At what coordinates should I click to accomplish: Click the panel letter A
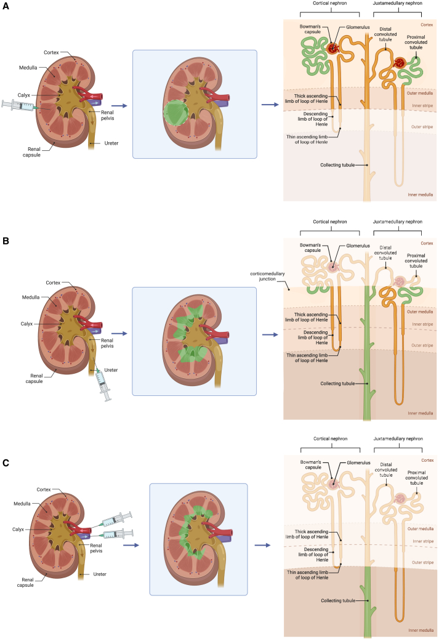coord(6,6)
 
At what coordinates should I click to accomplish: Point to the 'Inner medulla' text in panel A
coord(420,195)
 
